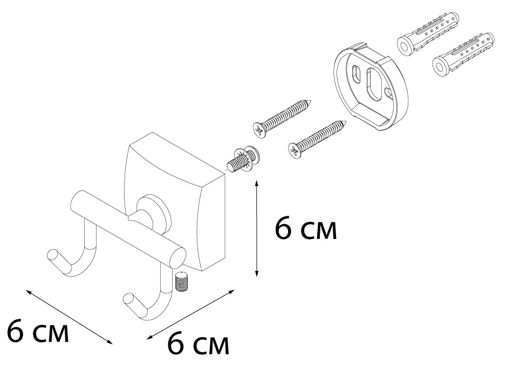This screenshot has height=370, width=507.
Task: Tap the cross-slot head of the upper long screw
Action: tap(259, 129)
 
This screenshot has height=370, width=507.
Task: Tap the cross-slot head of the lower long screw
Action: tap(295, 150)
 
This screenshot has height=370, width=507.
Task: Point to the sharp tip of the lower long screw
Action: tap(347, 121)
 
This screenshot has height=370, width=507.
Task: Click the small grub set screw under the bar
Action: tap(183, 282)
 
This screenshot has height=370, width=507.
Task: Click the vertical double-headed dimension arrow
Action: tap(257, 229)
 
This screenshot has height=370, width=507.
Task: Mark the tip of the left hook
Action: tap(52, 255)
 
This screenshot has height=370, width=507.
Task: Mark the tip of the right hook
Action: tap(128, 299)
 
